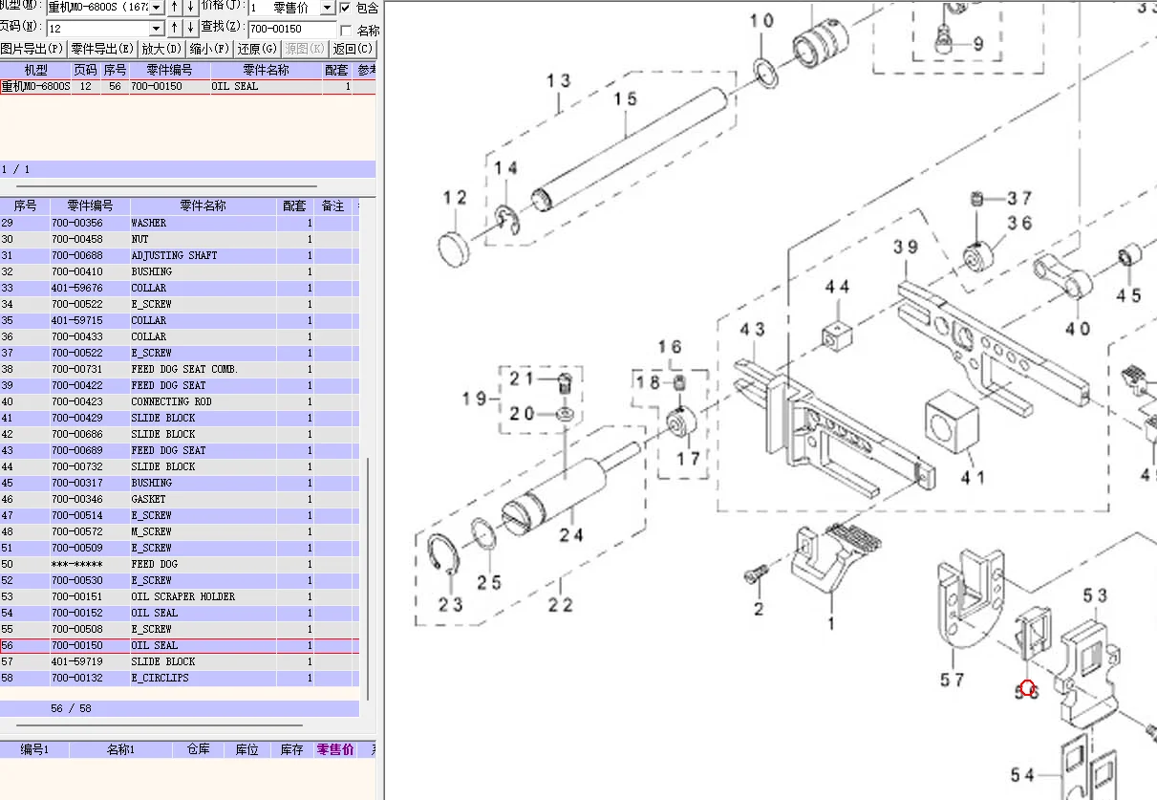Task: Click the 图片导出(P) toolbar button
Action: coord(32,49)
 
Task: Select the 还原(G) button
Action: coord(257,49)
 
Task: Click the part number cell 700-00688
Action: coord(77,255)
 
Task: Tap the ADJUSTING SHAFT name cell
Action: coord(174,255)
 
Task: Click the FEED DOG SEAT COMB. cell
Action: coord(184,369)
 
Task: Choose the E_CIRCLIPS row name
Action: coord(160,678)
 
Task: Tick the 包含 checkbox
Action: coord(345,8)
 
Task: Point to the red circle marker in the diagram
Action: coord(1027,687)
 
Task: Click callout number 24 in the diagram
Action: coord(571,534)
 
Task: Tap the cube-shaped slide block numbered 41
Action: coord(953,423)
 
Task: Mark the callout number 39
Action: coord(906,248)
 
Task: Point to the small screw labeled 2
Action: coord(754,575)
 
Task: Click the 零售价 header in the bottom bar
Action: coord(334,749)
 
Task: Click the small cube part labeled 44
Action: coord(837,336)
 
